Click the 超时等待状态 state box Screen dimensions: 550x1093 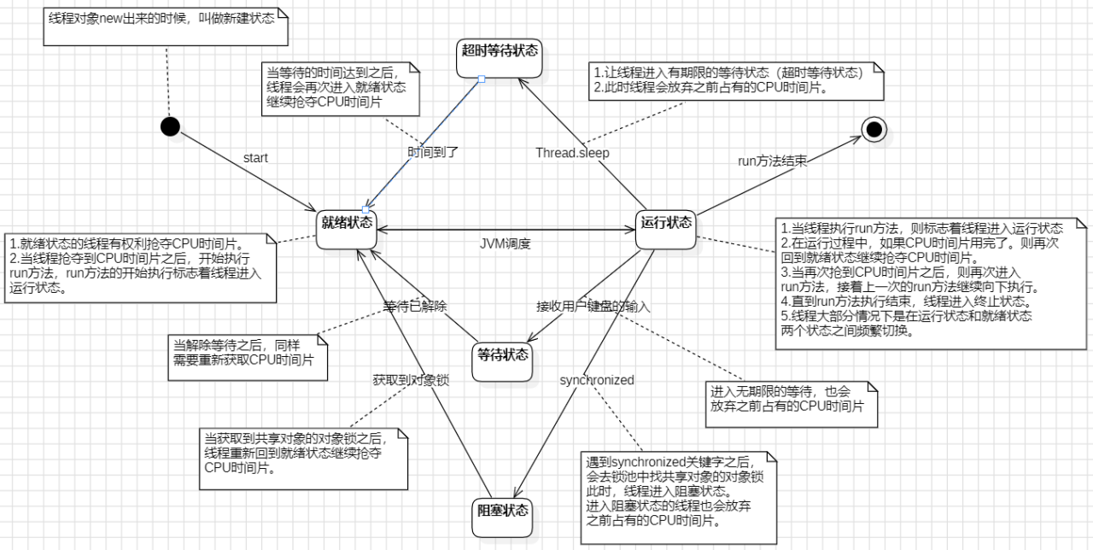pyautogui.click(x=500, y=50)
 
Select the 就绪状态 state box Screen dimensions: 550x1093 pyautogui.click(x=347, y=224)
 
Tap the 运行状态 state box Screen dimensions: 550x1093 pyautogui.click(x=666, y=224)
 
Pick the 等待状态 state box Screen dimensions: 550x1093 pyautogui.click(x=502, y=355)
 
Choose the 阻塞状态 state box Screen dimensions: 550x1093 pyautogui.click(x=502, y=512)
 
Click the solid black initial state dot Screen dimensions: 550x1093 pyautogui.click(x=170, y=126)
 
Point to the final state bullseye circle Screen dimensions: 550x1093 pyautogui.click(x=873, y=129)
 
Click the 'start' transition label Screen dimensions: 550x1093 pyautogui.click(x=255, y=158)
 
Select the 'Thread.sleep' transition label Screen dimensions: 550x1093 pyautogui.click(x=572, y=153)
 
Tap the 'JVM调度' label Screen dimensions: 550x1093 pyautogui.click(x=505, y=243)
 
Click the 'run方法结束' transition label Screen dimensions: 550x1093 pyautogui.click(x=772, y=160)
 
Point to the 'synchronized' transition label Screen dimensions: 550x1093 pyautogui.click(x=597, y=380)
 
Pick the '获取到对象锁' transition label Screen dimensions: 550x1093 pyautogui.click(x=411, y=379)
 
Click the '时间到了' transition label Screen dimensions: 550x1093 pyautogui.click(x=433, y=152)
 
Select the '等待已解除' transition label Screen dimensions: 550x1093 pyautogui.click(x=415, y=307)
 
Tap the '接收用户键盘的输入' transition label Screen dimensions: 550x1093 pyautogui.click(x=593, y=307)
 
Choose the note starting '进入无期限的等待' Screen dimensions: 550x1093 pyautogui.click(x=787, y=399)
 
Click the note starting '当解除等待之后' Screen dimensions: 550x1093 pyautogui.click(x=248, y=352)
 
